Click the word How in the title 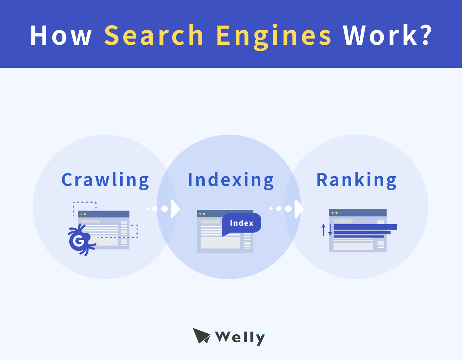point(61,35)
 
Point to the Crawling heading point(105,180)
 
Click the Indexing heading point(231,180)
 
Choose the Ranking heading point(357,180)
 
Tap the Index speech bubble point(241,223)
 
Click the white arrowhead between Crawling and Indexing point(175,209)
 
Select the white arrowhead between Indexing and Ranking point(299,209)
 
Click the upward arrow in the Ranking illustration point(323,230)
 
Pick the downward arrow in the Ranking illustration point(330,230)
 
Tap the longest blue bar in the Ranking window point(365,227)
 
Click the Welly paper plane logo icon point(201,336)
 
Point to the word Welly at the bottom point(240,338)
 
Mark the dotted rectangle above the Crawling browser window point(85,206)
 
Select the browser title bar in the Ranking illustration point(358,213)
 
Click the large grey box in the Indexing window point(221,243)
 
